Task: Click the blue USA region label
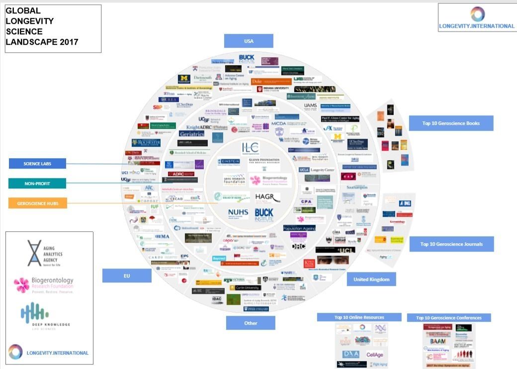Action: click(249, 41)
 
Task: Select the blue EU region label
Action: click(127, 276)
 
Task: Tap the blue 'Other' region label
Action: click(251, 323)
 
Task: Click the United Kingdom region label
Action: click(371, 279)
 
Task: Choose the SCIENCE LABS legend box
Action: click(37, 164)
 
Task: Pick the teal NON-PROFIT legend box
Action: click(37, 184)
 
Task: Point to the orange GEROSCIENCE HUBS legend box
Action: click(37, 203)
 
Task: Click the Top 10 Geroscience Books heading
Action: click(451, 123)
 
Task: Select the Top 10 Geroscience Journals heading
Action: click(452, 244)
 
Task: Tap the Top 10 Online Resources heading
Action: click(359, 317)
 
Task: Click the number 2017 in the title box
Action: click(69, 42)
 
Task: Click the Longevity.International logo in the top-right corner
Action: click(477, 18)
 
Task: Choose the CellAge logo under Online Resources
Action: click(374, 355)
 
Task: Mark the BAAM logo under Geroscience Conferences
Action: click(433, 343)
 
